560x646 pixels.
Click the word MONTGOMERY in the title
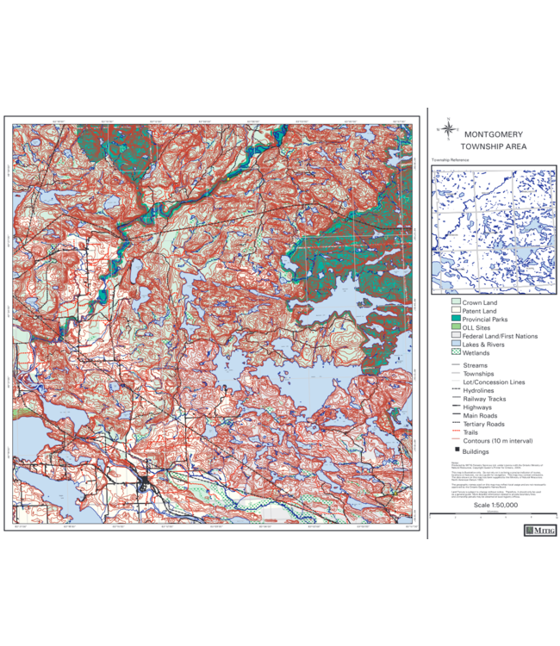pos(493,134)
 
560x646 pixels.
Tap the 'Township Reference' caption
pos(451,160)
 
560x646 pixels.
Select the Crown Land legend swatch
pos(456,303)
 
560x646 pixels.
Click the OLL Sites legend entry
pos(477,328)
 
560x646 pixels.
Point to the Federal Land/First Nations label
pos(500,336)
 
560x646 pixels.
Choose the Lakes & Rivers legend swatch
pos(456,345)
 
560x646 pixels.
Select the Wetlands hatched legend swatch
pos(456,353)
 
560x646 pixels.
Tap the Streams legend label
pos(476,365)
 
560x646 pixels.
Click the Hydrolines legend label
pos(479,390)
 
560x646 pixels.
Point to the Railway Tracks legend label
pos(484,399)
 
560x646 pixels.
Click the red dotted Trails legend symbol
pos(456,432)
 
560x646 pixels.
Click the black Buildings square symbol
pos(456,451)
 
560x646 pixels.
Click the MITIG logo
pos(539,531)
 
